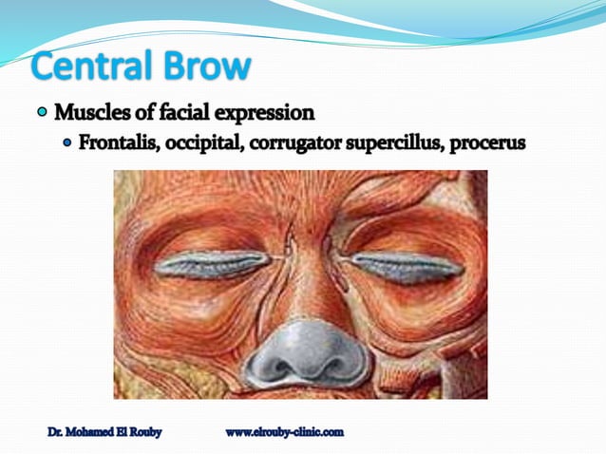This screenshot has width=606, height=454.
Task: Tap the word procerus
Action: click(x=488, y=144)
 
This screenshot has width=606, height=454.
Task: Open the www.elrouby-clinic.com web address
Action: click(x=284, y=433)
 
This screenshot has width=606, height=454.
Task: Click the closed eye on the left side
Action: click(x=212, y=264)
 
